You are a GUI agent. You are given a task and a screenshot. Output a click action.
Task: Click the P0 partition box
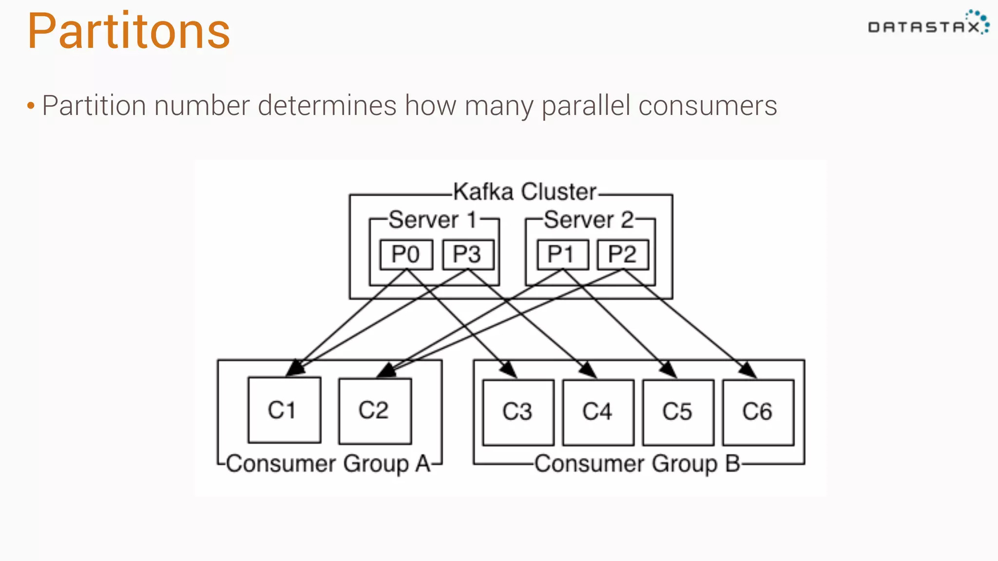tap(406, 254)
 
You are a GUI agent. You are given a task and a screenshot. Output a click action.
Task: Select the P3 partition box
tap(468, 254)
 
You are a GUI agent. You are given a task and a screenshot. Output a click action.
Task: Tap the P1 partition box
tap(562, 254)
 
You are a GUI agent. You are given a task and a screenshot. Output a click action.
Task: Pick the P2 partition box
tap(623, 254)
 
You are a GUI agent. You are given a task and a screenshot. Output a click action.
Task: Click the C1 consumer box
tap(284, 410)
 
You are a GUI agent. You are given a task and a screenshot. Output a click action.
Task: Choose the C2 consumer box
tap(375, 411)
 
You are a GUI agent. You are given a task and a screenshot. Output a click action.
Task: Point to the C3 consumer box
tap(518, 412)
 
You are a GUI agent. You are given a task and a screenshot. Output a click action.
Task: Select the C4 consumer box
tap(598, 412)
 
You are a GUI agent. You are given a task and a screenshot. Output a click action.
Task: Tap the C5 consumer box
tap(678, 412)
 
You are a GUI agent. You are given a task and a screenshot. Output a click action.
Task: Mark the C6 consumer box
tap(758, 412)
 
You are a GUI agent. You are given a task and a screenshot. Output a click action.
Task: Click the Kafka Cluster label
tap(524, 192)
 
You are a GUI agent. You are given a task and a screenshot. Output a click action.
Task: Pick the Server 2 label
tap(589, 220)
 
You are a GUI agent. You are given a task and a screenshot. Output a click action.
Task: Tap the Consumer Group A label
tap(328, 464)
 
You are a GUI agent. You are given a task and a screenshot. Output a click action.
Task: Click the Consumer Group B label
tap(637, 464)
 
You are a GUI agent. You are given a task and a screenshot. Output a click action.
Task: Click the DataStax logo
tap(927, 24)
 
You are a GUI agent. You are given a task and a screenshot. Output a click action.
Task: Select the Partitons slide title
tap(129, 31)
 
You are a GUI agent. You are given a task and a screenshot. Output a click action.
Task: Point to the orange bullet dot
tap(31, 106)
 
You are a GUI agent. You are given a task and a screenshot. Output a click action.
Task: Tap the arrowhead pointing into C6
tap(748, 371)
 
